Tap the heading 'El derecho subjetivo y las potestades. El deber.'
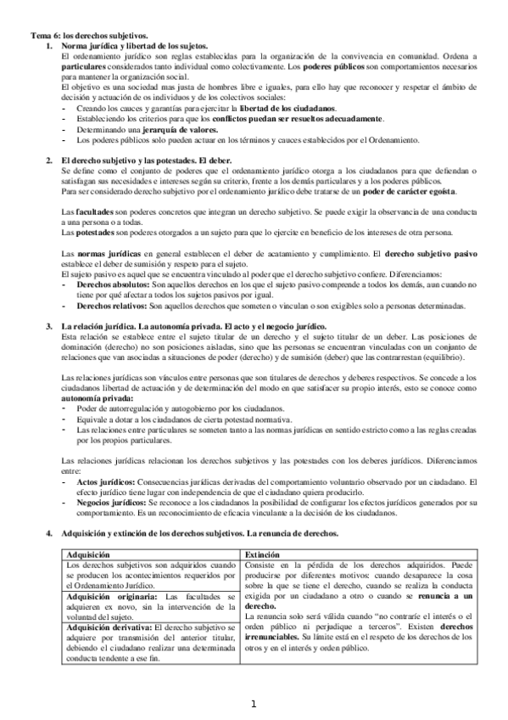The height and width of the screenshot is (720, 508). (149, 160)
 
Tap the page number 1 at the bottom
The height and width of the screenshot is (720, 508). (253, 704)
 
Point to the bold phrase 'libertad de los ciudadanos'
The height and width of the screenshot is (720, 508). (288, 110)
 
